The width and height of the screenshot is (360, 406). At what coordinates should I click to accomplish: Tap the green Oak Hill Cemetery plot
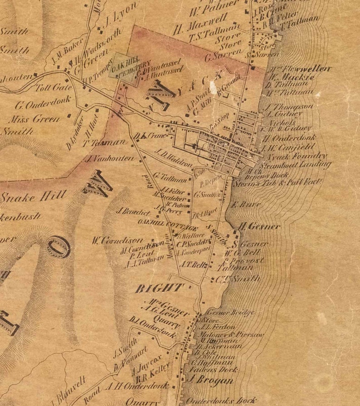pyautogui.click(x=123, y=68)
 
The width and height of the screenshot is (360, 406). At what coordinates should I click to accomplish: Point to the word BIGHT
pyautogui.click(x=160, y=288)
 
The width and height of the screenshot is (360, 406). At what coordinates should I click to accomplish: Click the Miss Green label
pyautogui.click(x=34, y=119)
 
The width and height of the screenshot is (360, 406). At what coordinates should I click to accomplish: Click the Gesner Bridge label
pyautogui.click(x=230, y=313)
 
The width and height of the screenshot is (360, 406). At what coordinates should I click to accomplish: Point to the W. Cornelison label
pyautogui.click(x=117, y=240)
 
